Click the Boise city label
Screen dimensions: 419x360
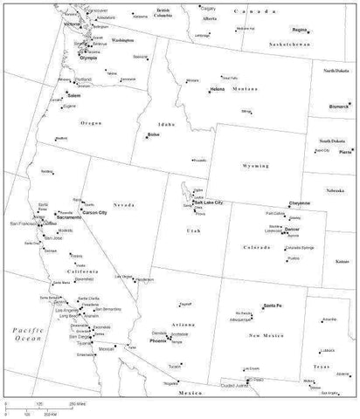point(155,136)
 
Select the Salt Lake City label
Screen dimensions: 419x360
point(209,203)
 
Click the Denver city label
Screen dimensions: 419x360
point(293,229)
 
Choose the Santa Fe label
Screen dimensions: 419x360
point(272,305)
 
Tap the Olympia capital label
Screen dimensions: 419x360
point(88,58)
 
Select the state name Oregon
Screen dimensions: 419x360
point(91,123)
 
